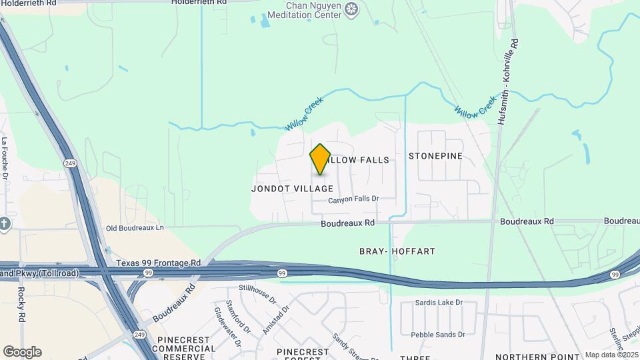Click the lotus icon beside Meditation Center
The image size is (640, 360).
(x=353, y=9)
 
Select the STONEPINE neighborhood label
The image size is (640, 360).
(x=435, y=156)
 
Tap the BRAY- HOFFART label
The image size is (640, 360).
(x=397, y=251)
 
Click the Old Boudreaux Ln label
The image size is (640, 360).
(x=135, y=228)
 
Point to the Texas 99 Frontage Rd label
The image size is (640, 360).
(x=158, y=263)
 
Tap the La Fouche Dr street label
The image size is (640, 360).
(x=5, y=158)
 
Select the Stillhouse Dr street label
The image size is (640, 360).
(x=257, y=295)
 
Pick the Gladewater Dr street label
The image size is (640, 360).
(x=222, y=319)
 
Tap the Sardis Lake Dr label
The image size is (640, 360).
(x=439, y=303)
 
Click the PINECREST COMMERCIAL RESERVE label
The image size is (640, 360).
(x=186, y=348)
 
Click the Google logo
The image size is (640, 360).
(x=22, y=351)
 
